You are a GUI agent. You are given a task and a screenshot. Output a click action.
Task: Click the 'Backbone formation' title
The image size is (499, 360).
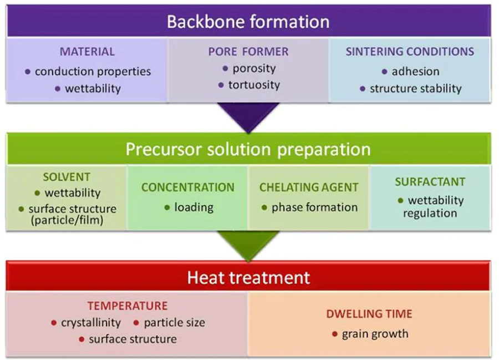click(248, 22)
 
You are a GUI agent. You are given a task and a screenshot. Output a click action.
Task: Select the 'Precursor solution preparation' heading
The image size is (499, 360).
click(248, 149)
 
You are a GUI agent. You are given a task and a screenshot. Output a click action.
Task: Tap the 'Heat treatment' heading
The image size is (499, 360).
click(248, 277)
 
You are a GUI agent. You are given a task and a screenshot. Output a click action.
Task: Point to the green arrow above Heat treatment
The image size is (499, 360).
click(248, 245)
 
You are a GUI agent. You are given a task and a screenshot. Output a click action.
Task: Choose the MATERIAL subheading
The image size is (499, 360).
click(87, 52)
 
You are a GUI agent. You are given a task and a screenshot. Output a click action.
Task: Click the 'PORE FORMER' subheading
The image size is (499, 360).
click(248, 52)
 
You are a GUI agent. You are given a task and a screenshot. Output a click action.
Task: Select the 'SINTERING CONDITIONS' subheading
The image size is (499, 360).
click(410, 52)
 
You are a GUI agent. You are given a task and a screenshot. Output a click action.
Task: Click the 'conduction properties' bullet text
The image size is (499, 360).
click(93, 72)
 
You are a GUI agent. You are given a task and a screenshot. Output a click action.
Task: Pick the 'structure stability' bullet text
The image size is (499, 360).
click(415, 88)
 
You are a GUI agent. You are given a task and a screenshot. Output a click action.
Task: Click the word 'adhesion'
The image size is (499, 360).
click(415, 72)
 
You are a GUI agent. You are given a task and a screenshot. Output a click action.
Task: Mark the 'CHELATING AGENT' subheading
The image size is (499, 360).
click(309, 187)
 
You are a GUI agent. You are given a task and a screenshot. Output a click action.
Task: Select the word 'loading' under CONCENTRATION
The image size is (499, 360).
click(194, 207)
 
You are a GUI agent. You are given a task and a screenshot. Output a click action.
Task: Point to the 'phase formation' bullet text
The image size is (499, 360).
click(314, 207)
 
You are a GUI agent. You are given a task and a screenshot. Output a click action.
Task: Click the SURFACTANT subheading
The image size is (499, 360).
click(430, 181)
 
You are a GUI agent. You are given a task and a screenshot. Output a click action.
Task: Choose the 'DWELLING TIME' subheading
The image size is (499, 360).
click(369, 314)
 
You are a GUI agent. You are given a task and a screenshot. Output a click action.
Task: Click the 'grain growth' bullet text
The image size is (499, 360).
click(375, 334)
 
